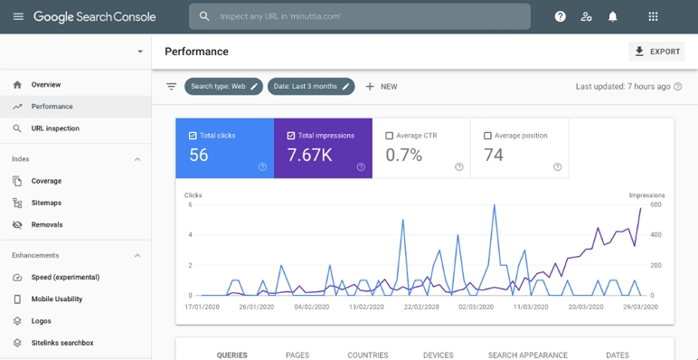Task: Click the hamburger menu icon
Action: coord(18,16)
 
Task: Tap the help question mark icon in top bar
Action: coord(561,16)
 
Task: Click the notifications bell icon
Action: coord(613,16)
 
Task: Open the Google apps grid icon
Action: coord(653,16)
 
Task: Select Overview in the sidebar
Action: coord(46,85)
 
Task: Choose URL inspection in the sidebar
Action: coord(55,128)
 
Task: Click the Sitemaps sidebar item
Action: coord(46,203)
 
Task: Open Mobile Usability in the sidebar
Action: coord(57,299)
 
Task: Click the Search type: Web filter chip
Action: coord(223,87)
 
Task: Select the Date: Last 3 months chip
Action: coord(310,87)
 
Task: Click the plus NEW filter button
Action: coord(382,87)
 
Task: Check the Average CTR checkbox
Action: coord(390,136)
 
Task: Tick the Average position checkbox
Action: coord(488,136)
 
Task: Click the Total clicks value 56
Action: coord(199,155)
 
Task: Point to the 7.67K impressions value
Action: coord(309,155)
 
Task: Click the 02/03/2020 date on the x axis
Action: coord(476,307)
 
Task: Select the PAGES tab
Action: coord(297,355)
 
